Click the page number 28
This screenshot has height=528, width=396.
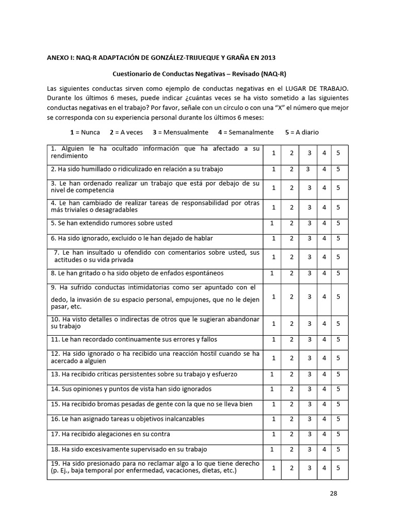[x=333, y=493]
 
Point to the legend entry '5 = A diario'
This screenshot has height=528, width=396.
[x=302, y=132]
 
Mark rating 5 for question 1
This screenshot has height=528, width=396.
[x=338, y=153]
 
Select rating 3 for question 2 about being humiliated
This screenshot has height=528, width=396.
[x=308, y=169]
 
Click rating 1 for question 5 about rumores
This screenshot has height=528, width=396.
[x=272, y=223]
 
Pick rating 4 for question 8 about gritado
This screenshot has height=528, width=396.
[x=324, y=273]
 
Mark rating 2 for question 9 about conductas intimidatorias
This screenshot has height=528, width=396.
[x=291, y=296]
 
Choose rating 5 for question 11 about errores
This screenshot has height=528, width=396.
[x=338, y=339]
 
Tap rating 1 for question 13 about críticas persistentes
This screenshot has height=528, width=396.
[x=272, y=374]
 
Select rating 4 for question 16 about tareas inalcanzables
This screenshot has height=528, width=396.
[x=324, y=419]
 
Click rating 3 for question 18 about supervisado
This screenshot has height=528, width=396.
[x=308, y=450]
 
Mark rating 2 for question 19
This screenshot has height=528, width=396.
[x=291, y=468]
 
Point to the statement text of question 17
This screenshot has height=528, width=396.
[x=117, y=434]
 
